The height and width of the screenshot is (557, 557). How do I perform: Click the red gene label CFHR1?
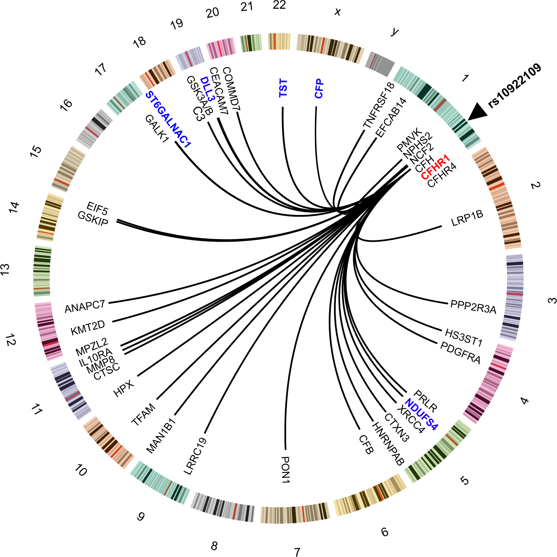pyautogui.click(x=435, y=167)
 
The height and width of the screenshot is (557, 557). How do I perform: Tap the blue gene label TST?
pyautogui.click(x=283, y=88)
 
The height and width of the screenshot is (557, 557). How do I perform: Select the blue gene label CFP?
pyautogui.click(x=319, y=88)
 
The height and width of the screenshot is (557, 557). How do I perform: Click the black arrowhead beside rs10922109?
pyautogui.click(x=477, y=112)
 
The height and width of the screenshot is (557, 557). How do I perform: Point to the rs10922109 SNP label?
pyautogui.click(x=515, y=86)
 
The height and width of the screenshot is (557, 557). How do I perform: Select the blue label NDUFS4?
pyautogui.click(x=421, y=415)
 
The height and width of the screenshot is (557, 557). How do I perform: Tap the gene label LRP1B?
pyautogui.click(x=467, y=218)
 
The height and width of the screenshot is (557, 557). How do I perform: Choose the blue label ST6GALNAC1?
pyautogui.click(x=168, y=120)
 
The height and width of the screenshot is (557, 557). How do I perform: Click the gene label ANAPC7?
pyautogui.click(x=85, y=307)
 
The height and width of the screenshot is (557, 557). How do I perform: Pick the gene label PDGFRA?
pyautogui.click(x=460, y=352)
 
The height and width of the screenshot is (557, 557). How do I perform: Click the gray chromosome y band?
pyautogui.click(x=380, y=64)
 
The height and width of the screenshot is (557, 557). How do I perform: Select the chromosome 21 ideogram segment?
pyautogui.click(x=251, y=43)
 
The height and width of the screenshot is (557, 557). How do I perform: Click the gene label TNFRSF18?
pyautogui.click(x=378, y=105)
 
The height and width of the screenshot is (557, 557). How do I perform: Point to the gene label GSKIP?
pyautogui.click(x=92, y=219)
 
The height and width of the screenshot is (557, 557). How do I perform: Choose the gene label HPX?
pyautogui.click(x=124, y=388)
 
